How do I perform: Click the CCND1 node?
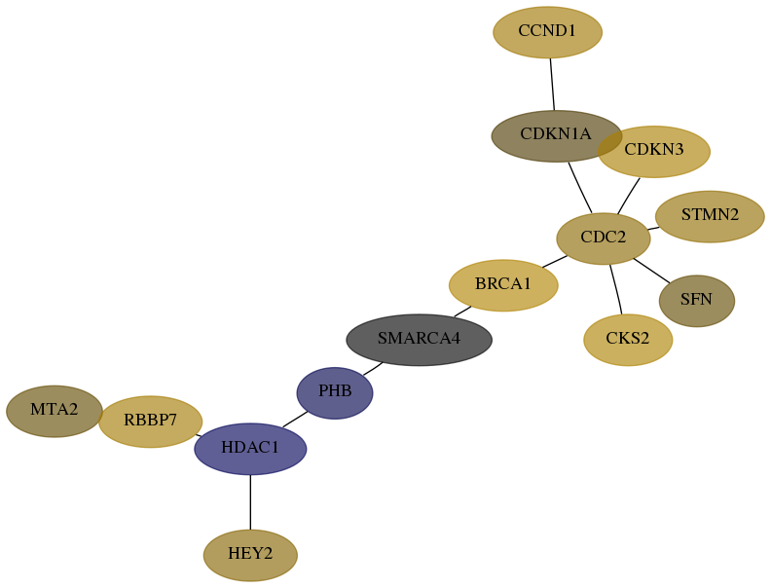pyautogui.click(x=547, y=32)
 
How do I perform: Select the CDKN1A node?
pyautogui.click(x=557, y=135)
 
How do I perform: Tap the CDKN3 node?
pyautogui.click(x=654, y=152)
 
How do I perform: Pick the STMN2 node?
pyautogui.click(x=710, y=216)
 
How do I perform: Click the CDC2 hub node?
pyautogui.click(x=604, y=239)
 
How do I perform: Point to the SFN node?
pyautogui.click(x=696, y=301)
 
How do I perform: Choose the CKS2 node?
pyautogui.click(x=628, y=340)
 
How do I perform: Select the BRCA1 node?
pyautogui.click(x=503, y=285)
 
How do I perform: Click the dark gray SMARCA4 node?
pyautogui.click(x=419, y=340)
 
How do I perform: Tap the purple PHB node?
pyautogui.click(x=335, y=393)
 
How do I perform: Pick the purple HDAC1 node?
pyautogui.click(x=250, y=449)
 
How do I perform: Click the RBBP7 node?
pyautogui.click(x=151, y=422)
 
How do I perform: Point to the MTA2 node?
pyautogui.click(x=55, y=411)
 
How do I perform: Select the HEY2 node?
pyautogui.click(x=250, y=555)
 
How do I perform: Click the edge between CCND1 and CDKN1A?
pyautogui.click(x=552, y=84)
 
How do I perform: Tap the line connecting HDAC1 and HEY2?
pyautogui.click(x=250, y=502)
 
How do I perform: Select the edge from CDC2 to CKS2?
pyautogui.click(x=615, y=289)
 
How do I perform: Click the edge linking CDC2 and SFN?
pyautogui.click(x=651, y=271)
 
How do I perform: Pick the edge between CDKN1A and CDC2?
pyautogui.click(x=580, y=188)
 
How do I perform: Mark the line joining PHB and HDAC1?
pyautogui.click(x=295, y=420)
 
